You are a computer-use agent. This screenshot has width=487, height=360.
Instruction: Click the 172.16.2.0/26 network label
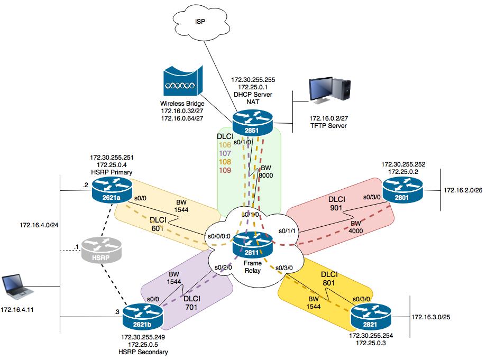tap(464, 189)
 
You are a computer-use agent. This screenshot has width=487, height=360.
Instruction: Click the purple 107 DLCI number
tap(226, 153)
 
